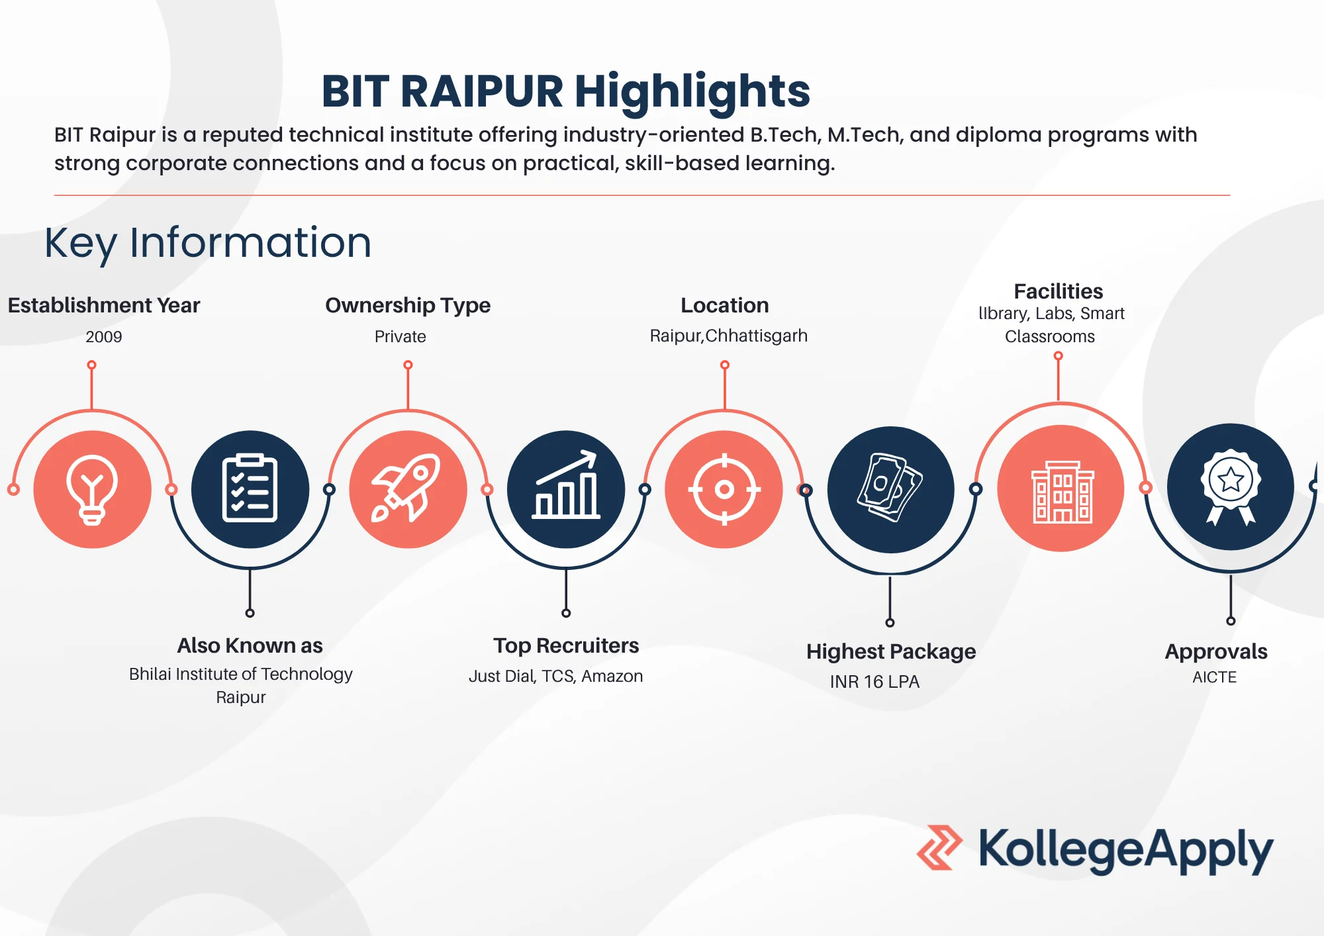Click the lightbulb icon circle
coord(92,489)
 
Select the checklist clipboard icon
coord(250,489)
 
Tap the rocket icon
coord(408,489)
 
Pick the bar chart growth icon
coord(566,489)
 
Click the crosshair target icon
coord(724,489)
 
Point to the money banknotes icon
coord(890,489)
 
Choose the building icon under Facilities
coord(1061,489)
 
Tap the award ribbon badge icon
coord(1230,487)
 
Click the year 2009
coord(104,337)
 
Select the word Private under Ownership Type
coord(400,337)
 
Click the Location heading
coord(725,305)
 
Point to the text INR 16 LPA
coord(875,682)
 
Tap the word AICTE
coord(1214,677)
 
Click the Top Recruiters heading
coord(566,645)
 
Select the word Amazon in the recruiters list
coord(612,676)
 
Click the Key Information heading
coord(208,242)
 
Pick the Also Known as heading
coord(250,645)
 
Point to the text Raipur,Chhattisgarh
coord(728,336)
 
